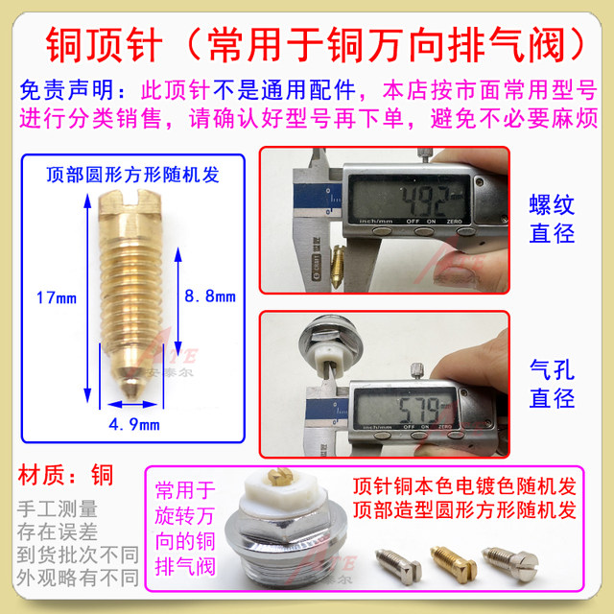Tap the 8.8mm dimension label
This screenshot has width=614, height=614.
[x=208, y=296]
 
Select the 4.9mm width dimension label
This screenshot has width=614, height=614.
[x=133, y=423]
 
